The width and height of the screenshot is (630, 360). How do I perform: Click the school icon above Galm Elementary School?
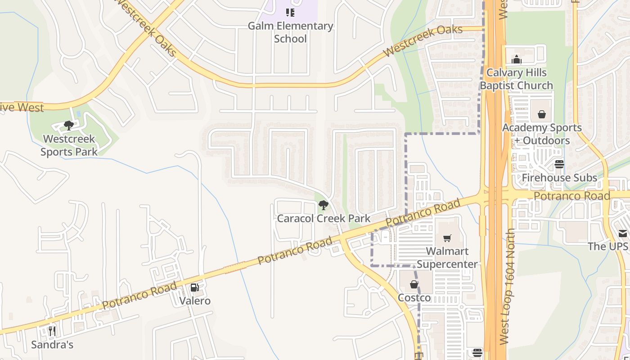point(290,13)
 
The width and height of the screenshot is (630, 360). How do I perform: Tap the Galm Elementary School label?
point(290,32)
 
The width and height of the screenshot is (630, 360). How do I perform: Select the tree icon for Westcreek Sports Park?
point(69,125)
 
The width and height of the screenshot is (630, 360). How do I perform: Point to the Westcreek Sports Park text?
point(69,145)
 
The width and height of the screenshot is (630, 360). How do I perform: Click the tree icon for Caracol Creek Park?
point(323,206)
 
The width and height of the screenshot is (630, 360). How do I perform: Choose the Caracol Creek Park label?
point(324,219)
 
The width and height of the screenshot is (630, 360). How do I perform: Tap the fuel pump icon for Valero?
point(195,288)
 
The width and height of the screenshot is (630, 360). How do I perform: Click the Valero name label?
point(195,301)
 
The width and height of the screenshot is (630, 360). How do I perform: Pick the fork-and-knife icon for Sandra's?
point(52,332)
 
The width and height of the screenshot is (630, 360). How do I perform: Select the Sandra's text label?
point(52,345)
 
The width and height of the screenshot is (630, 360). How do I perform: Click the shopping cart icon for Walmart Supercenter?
point(447,238)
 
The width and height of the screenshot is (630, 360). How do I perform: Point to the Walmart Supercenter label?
point(447,258)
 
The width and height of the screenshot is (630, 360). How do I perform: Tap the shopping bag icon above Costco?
point(414,284)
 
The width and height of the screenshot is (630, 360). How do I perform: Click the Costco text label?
point(414,298)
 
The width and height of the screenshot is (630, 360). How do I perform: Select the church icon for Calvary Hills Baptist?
point(516,59)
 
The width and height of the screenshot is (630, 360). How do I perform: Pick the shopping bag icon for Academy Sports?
point(542,114)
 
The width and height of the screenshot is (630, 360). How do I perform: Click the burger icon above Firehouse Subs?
point(559,164)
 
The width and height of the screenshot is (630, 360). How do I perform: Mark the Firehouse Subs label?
point(559,178)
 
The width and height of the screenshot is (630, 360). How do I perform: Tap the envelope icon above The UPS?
point(622,233)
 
